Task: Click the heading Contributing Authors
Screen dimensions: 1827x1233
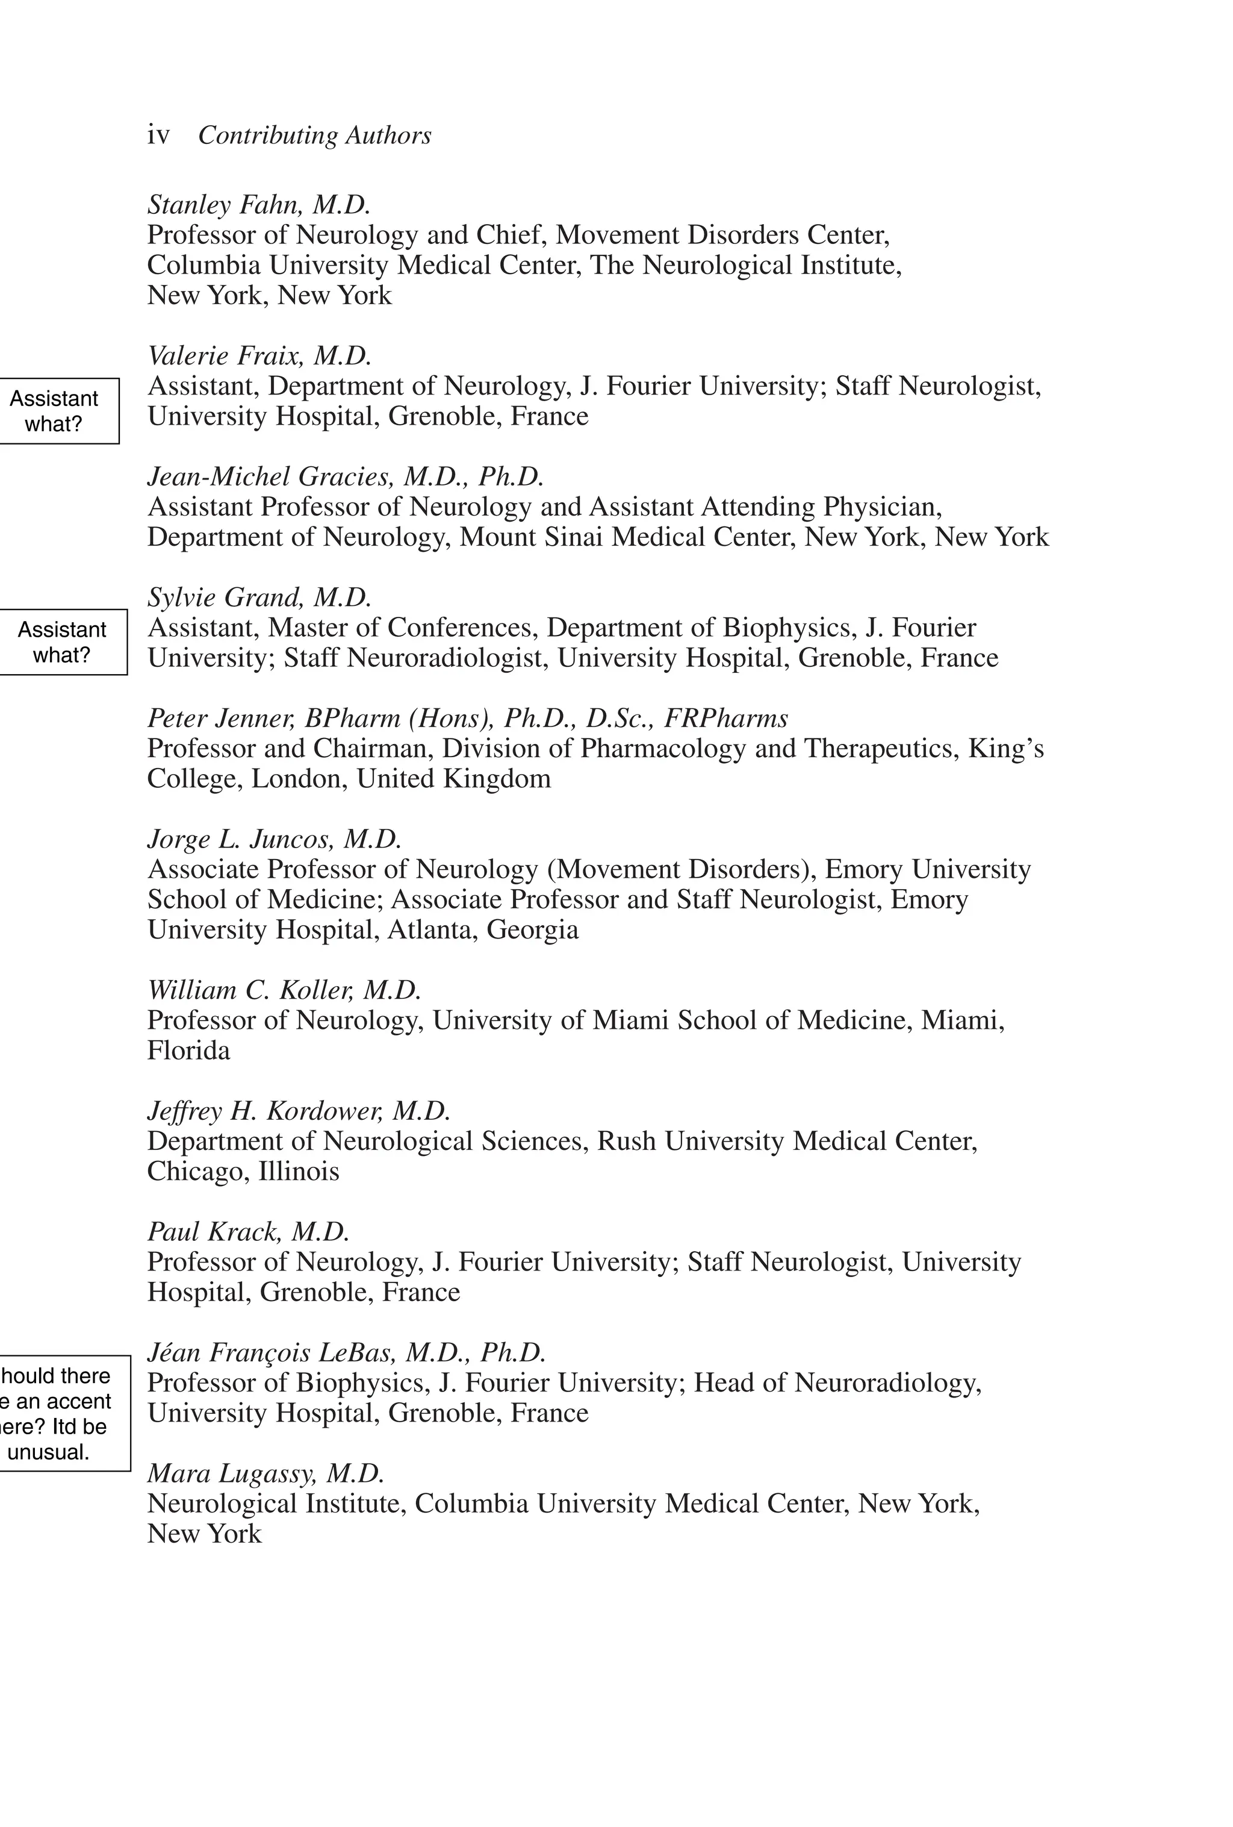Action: [x=314, y=136]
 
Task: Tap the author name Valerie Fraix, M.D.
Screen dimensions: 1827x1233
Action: [x=259, y=355]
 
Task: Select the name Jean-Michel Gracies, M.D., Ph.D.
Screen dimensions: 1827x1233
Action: [x=346, y=476]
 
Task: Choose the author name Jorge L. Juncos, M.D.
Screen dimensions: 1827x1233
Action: [x=275, y=839]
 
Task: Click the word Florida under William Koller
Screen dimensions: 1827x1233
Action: [x=188, y=1051]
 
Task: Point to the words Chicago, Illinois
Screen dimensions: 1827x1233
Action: [x=243, y=1172]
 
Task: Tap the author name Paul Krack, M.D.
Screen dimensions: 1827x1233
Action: [x=248, y=1231]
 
